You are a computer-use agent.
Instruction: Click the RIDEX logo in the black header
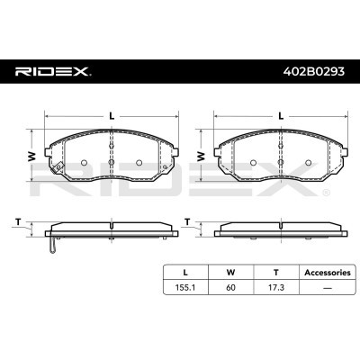click(53, 72)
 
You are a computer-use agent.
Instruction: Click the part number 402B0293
click(314, 72)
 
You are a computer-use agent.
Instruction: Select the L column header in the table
click(185, 273)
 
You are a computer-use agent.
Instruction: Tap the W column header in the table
click(230, 273)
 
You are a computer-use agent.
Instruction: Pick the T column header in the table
click(276, 273)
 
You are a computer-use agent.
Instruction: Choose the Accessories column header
click(328, 273)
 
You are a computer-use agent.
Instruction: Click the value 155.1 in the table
click(185, 287)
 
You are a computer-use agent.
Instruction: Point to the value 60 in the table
click(230, 287)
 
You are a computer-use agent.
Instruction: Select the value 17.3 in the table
click(276, 287)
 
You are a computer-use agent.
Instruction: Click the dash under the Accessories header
click(328, 288)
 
